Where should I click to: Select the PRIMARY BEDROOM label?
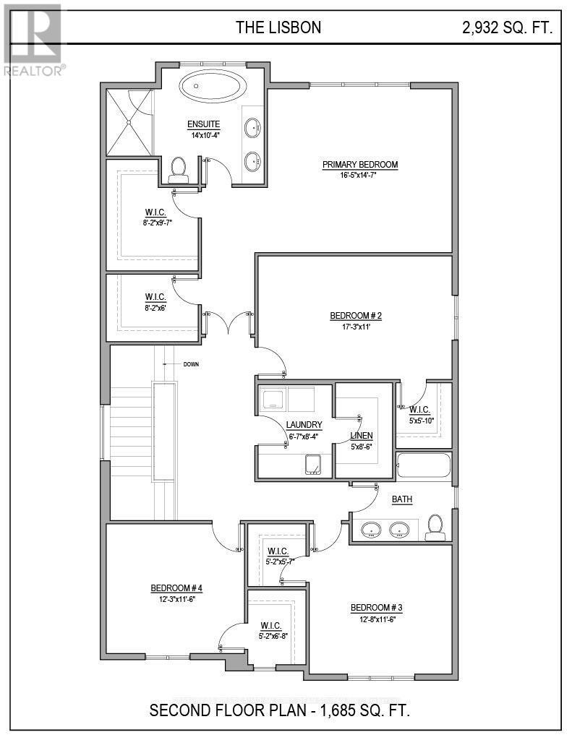[359, 165]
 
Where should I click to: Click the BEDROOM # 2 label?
[355, 316]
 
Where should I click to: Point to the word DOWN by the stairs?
[192, 363]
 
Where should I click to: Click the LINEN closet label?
[362, 436]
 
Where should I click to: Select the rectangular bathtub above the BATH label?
[424, 466]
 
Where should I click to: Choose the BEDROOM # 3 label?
[376, 607]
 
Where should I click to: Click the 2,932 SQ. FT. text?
[508, 28]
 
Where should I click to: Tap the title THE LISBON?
[278, 28]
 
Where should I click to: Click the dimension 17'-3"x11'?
[355, 326]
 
